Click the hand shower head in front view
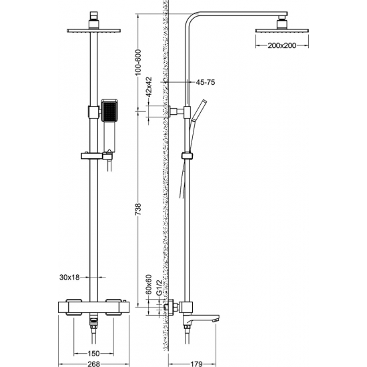click(108, 111)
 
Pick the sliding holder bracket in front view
click(93, 157)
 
